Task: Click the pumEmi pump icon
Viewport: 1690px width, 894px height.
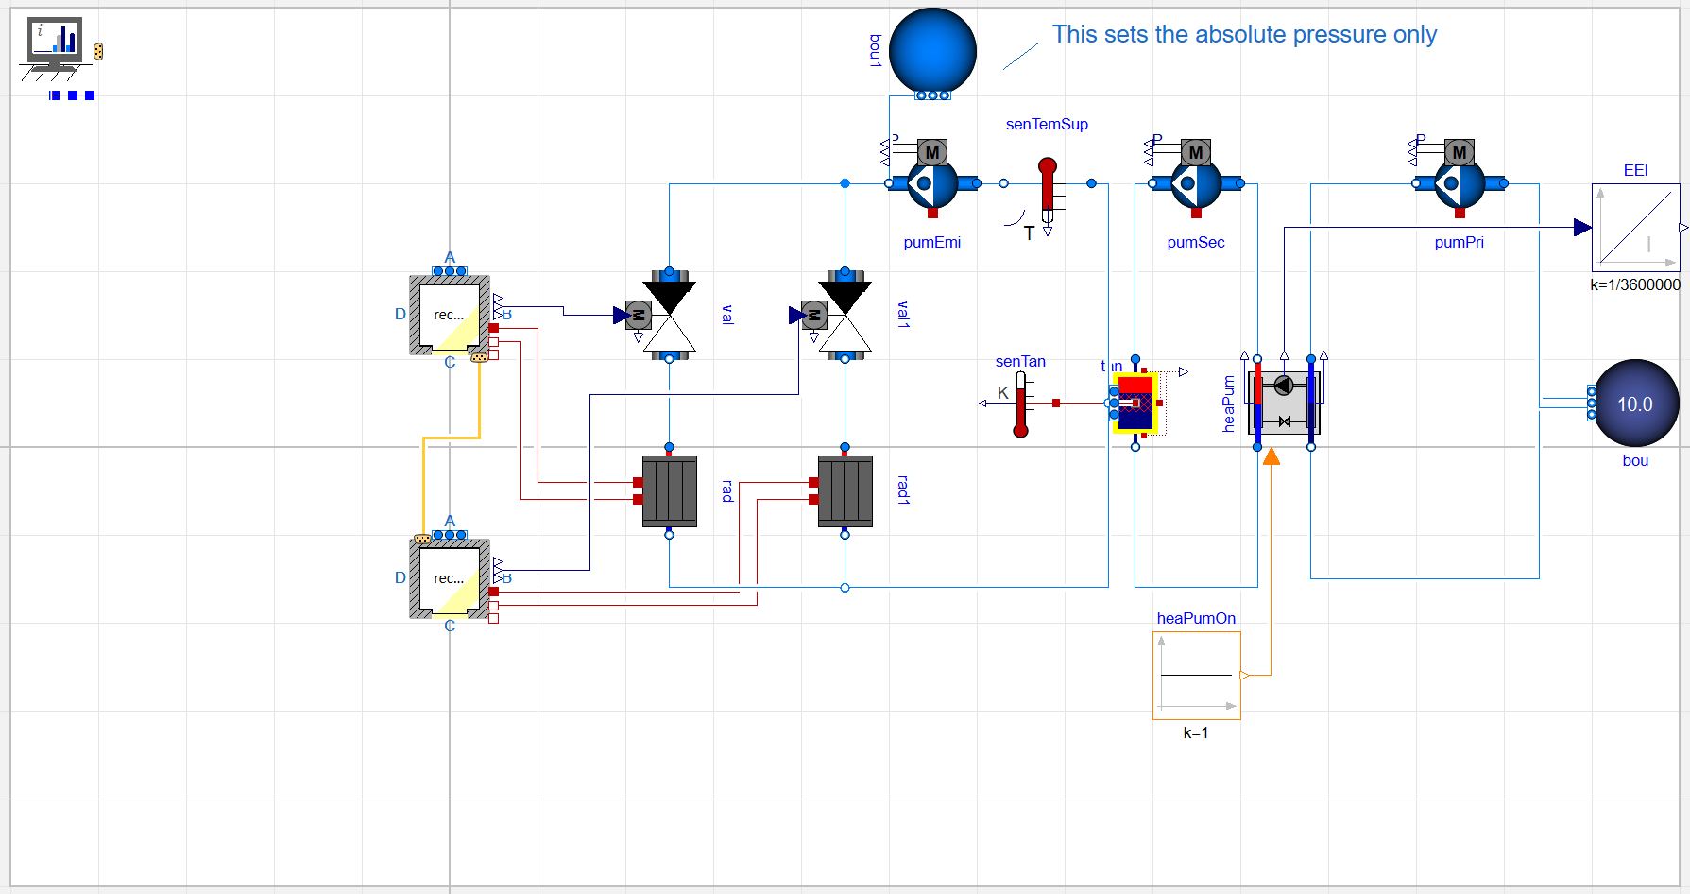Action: click(931, 182)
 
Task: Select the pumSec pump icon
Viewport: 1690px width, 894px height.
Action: click(1195, 182)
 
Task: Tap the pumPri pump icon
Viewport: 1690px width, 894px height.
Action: click(1459, 182)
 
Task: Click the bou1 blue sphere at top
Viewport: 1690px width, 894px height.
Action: click(932, 51)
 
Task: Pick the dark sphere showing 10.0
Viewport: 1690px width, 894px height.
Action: click(1635, 404)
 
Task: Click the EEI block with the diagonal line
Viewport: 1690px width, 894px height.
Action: click(1635, 227)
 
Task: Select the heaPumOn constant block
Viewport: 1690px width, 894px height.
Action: click(1196, 675)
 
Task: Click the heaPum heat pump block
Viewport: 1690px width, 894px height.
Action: click(1284, 403)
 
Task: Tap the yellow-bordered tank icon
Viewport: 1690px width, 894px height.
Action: click(1135, 403)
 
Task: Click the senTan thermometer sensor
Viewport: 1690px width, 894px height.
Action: click(1020, 404)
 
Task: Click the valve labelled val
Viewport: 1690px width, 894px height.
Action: click(669, 316)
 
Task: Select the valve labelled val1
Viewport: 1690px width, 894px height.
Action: click(845, 316)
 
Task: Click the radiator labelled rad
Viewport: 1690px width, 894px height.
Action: click(669, 490)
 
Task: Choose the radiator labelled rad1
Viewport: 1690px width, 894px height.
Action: click(845, 490)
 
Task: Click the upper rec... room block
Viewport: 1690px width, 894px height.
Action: click(450, 316)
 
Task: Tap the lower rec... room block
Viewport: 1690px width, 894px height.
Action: click(450, 578)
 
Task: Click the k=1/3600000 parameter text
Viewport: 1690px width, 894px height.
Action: click(1634, 284)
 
